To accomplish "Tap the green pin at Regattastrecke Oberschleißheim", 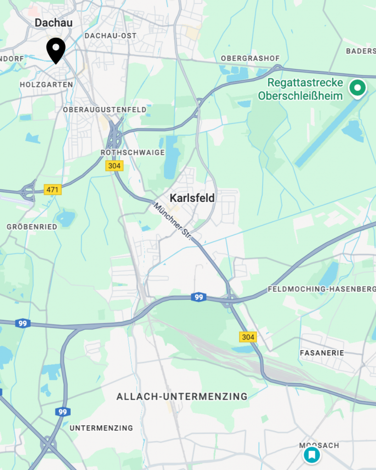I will coord(357,88).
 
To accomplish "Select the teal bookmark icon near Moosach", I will coord(311,455).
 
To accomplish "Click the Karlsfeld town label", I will coord(192,198).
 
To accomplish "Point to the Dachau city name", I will coord(54,22).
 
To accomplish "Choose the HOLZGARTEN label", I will coord(46,85).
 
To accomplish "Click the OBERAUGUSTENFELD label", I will coord(105,110).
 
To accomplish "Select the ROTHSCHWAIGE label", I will coord(132,152).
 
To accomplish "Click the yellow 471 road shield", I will coord(53,189).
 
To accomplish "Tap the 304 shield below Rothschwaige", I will coord(114,166).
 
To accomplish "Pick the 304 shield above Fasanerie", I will coord(248,337).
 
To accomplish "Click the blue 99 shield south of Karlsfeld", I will coord(198,297).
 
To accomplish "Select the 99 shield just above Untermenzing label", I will coord(63,412).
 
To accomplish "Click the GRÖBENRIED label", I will coord(32,227).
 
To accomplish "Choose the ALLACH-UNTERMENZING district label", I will coord(182,396).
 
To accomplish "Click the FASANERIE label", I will coord(321,353).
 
